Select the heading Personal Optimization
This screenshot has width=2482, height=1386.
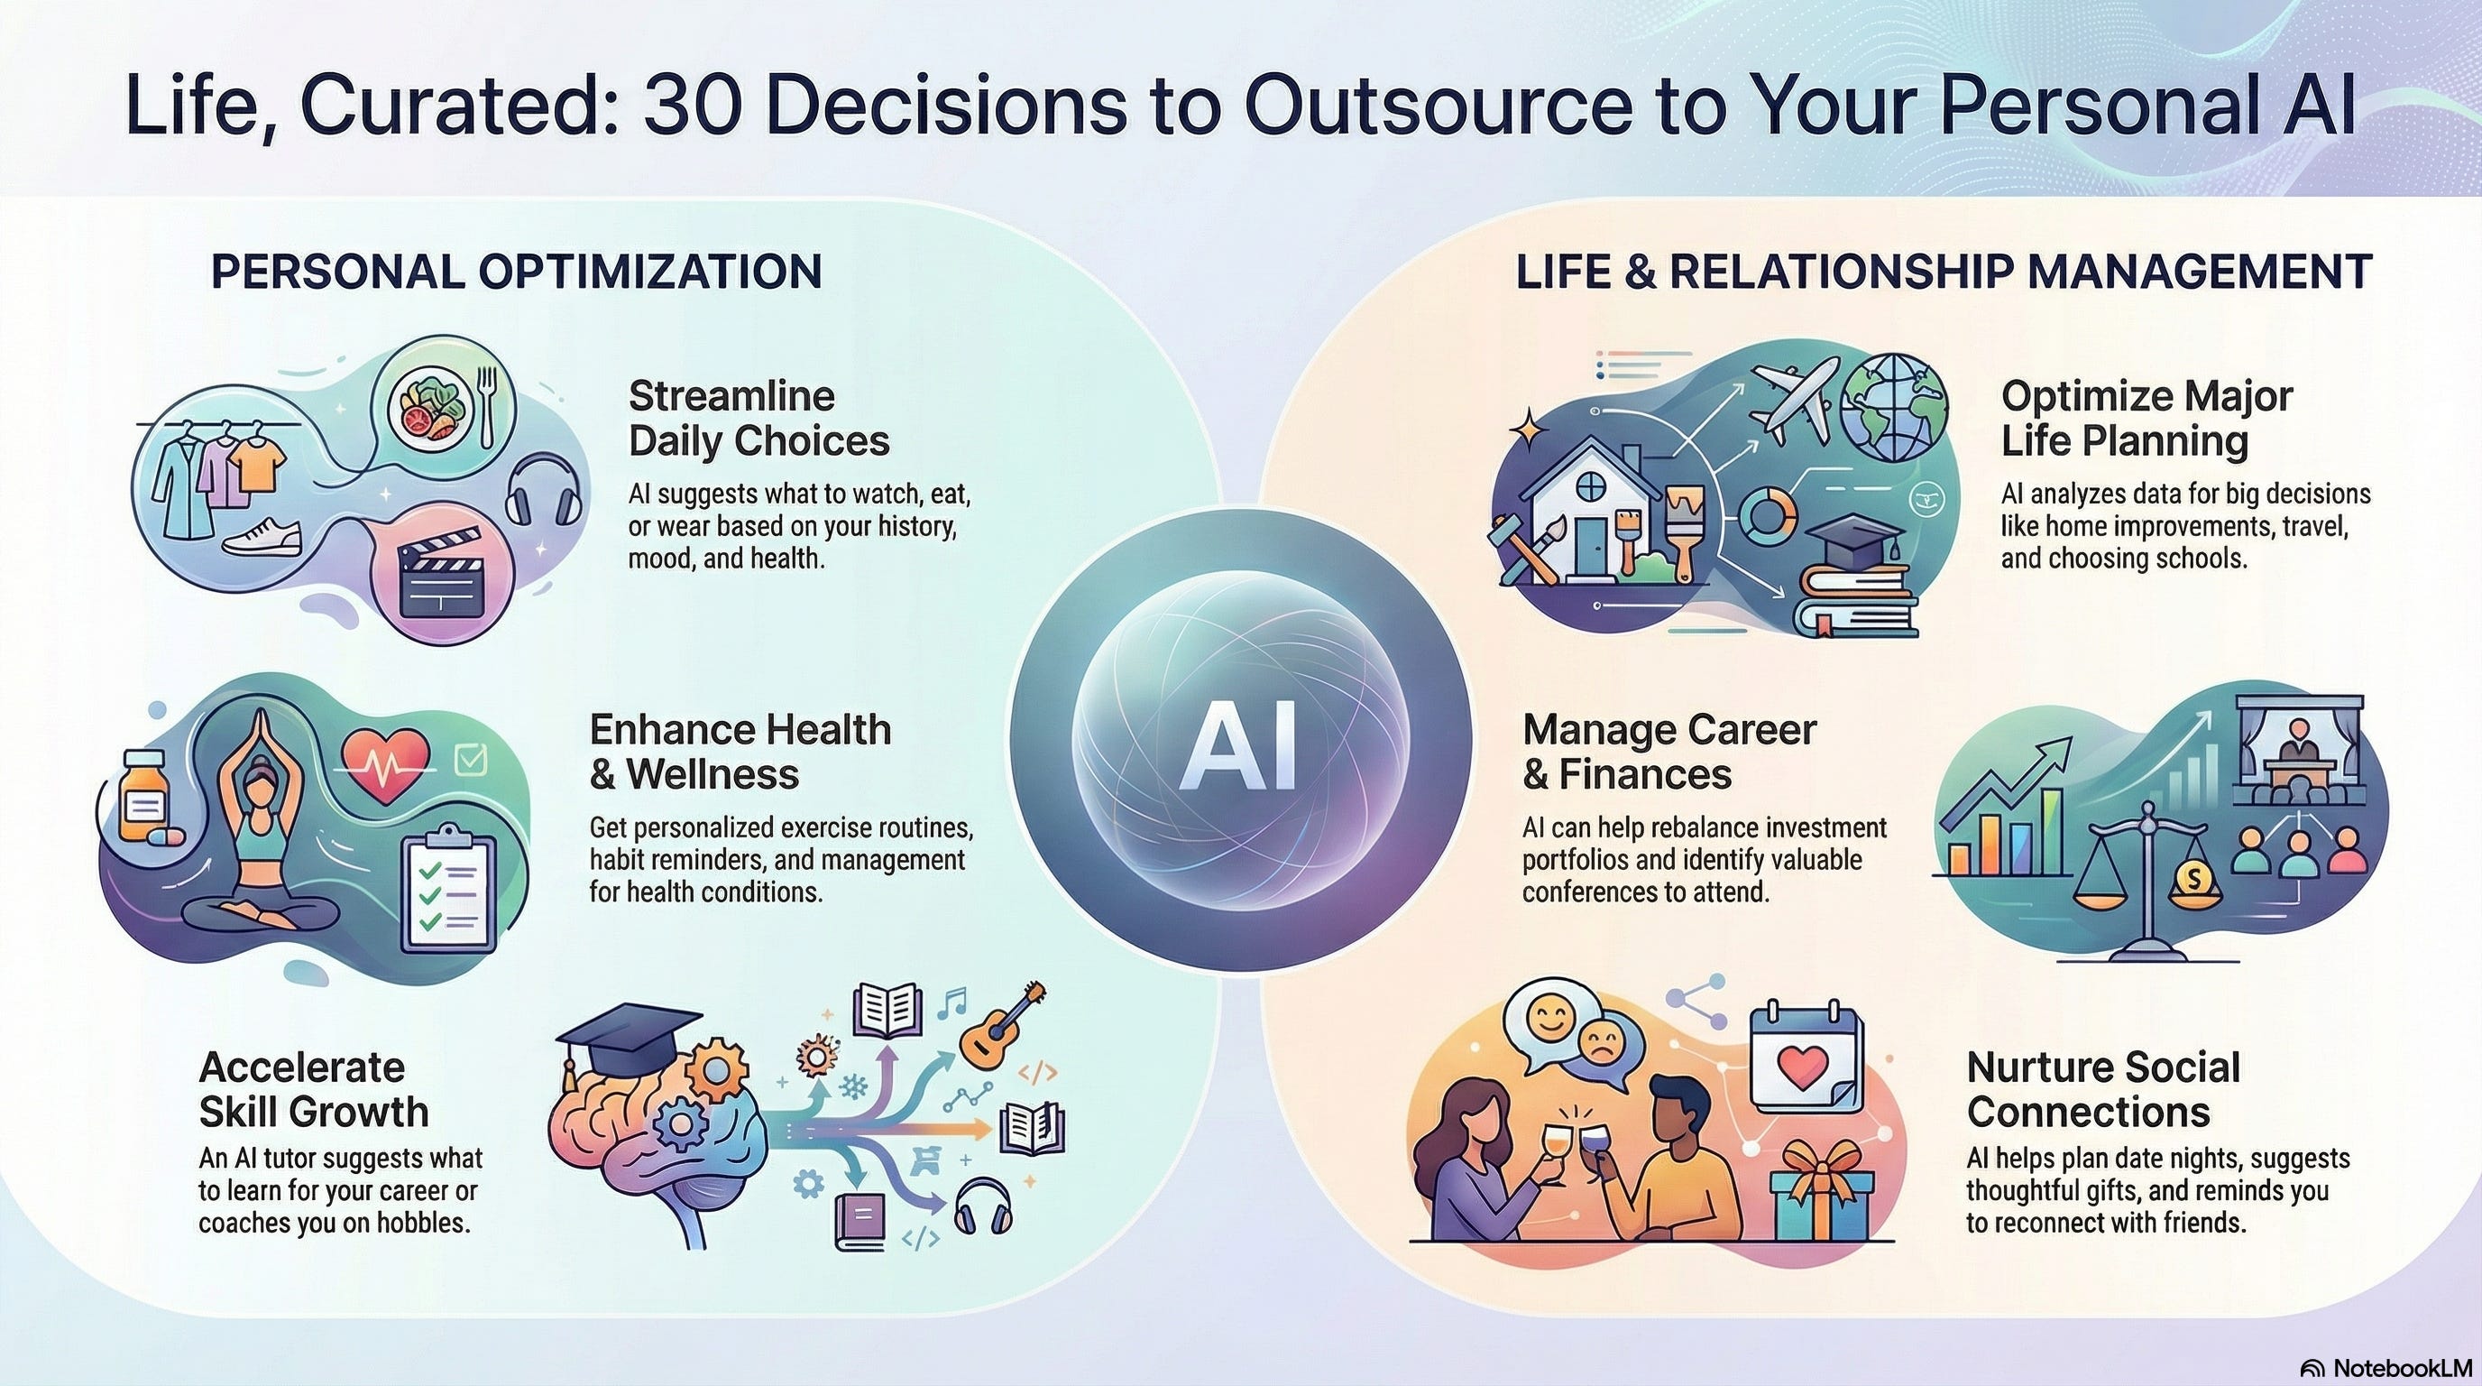coord(517,272)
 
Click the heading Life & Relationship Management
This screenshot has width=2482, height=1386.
coord(1944,272)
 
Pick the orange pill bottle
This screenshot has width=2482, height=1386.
coord(142,795)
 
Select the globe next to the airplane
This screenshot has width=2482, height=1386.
coord(1892,409)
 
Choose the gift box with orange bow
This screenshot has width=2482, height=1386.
coord(1820,1193)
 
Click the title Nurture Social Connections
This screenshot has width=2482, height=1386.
coord(2102,1090)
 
